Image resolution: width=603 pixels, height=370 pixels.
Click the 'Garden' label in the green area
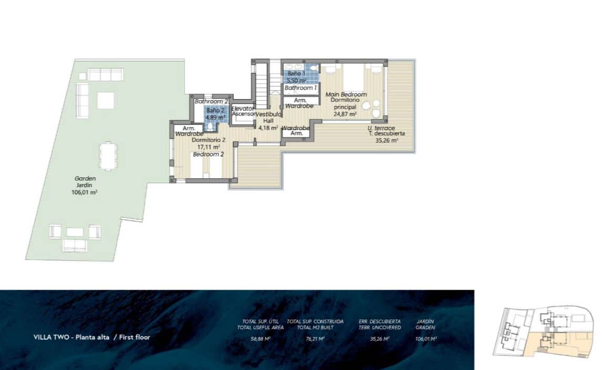pyautogui.click(x=85, y=178)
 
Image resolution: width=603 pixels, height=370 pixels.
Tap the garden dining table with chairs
pyautogui.click(x=108, y=156)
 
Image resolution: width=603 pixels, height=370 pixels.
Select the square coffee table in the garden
pyautogui.click(x=106, y=100)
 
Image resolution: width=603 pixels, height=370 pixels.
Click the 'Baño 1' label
pyautogui.click(x=296, y=74)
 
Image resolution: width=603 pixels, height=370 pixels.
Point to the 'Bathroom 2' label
pyautogui.click(x=211, y=101)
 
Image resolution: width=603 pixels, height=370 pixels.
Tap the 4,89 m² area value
pyautogui.click(x=215, y=118)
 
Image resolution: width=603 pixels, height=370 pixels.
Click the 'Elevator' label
pyautogui.click(x=243, y=108)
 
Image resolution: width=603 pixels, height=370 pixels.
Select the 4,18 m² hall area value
pyautogui.click(x=268, y=127)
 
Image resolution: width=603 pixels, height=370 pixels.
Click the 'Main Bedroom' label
pyautogui.click(x=346, y=94)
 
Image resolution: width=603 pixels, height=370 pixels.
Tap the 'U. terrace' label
pyautogui.click(x=381, y=128)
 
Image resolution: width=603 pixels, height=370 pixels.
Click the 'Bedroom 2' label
pyautogui.click(x=209, y=154)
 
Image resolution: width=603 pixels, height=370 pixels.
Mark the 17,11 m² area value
pyautogui.click(x=209, y=147)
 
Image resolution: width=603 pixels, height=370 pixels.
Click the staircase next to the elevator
pyautogui.click(x=262, y=84)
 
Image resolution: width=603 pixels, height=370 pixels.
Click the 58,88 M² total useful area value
pyautogui.click(x=260, y=339)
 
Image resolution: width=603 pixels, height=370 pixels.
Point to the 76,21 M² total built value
pyautogui.click(x=315, y=339)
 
